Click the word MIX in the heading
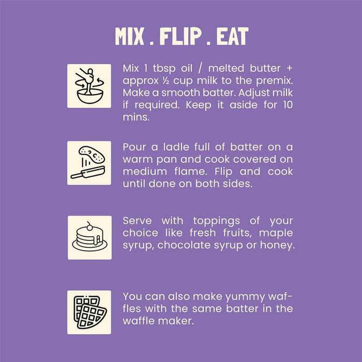130,36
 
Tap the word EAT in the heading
232,36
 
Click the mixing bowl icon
89,86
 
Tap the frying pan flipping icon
89,163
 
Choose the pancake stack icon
89,237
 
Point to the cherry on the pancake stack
89,227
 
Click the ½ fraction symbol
166,81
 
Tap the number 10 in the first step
288,105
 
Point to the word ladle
176,147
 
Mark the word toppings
216,221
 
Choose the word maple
276,233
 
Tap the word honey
278,246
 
